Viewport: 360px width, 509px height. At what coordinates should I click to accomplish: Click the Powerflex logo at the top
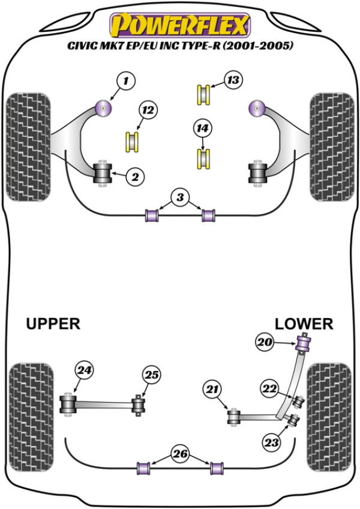(179, 25)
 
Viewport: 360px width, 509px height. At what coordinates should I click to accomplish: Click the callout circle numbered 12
(148, 109)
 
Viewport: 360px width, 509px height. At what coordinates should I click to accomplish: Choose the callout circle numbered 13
(233, 80)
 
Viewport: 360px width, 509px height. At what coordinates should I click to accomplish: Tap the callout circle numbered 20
(265, 343)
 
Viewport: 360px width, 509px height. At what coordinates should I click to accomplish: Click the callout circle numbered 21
(211, 390)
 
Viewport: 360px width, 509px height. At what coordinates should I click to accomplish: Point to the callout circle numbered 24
(83, 370)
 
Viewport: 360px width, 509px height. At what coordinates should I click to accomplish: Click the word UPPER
(53, 324)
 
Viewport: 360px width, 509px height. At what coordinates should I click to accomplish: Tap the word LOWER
(304, 324)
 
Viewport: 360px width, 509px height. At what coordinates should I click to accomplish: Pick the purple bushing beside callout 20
(305, 344)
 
